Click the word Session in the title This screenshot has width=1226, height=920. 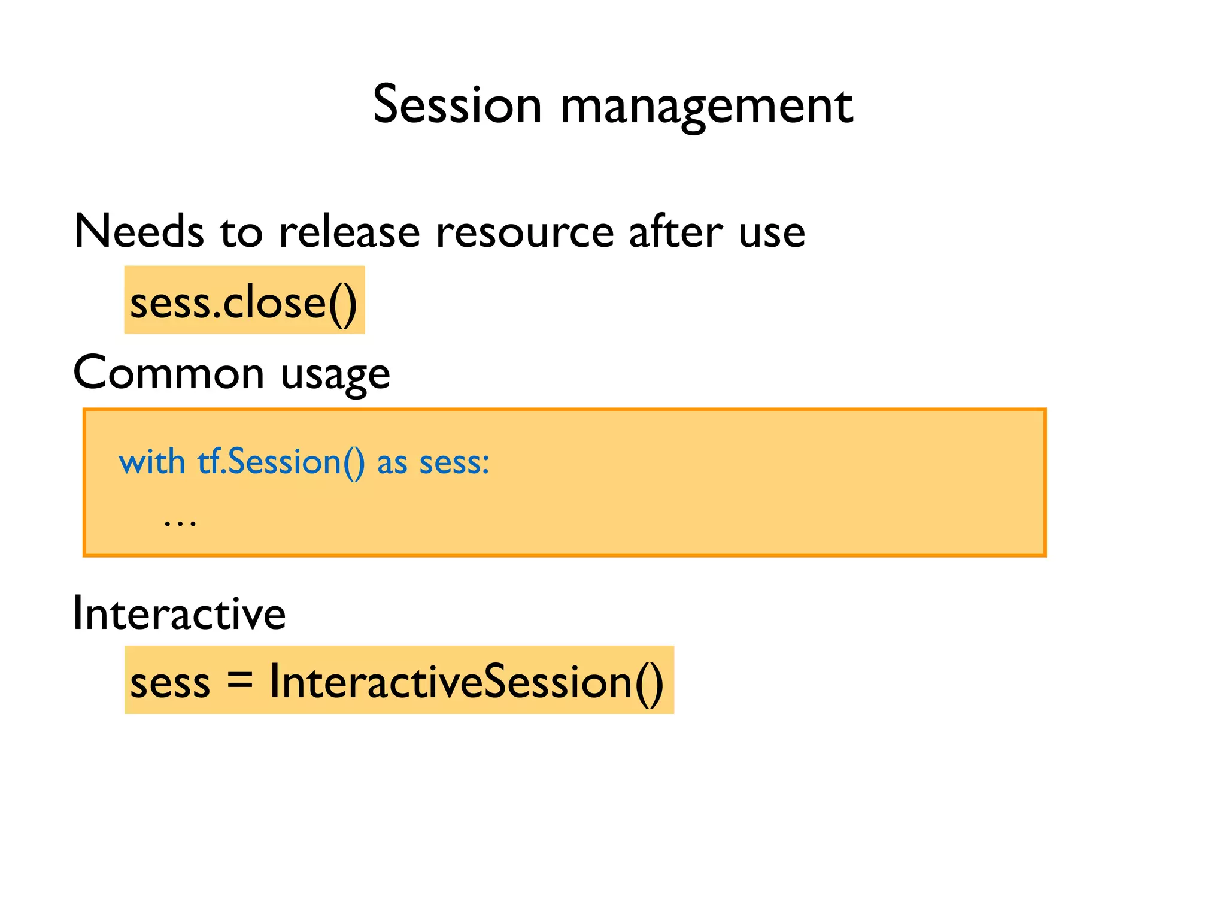(457, 105)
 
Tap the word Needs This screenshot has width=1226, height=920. (138, 232)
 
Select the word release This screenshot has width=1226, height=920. (350, 232)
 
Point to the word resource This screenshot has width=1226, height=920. (525, 232)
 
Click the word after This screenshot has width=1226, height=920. (676, 232)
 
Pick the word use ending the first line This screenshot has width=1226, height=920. (772, 234)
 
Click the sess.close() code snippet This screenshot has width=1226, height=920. (244, 302)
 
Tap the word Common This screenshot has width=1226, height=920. (168, 373)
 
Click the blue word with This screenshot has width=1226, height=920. (152, 462)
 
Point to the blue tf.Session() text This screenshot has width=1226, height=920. (281, 463)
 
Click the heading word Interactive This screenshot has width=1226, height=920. (179, 614)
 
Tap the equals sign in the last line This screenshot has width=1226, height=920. (240, 681)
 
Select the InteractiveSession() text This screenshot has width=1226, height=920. (466, 682)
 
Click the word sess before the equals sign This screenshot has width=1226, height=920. (170, 683)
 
